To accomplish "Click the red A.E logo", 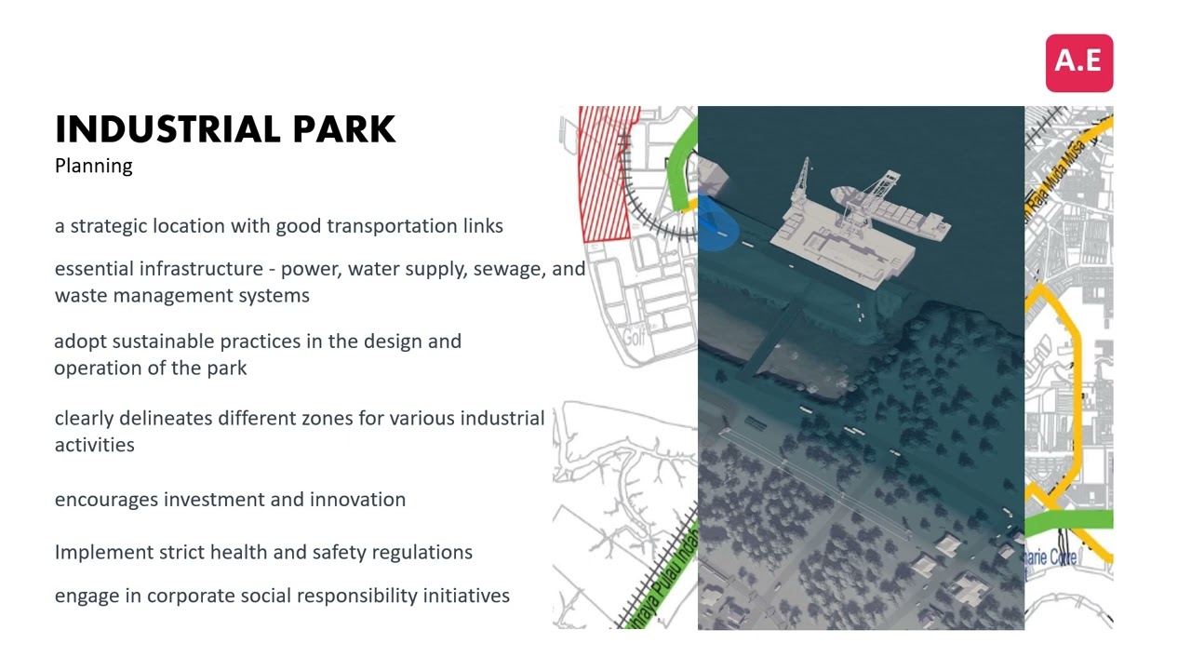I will (1078, 62).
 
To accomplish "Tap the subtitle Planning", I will (93, 166).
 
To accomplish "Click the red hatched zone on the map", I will (605, 172).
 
